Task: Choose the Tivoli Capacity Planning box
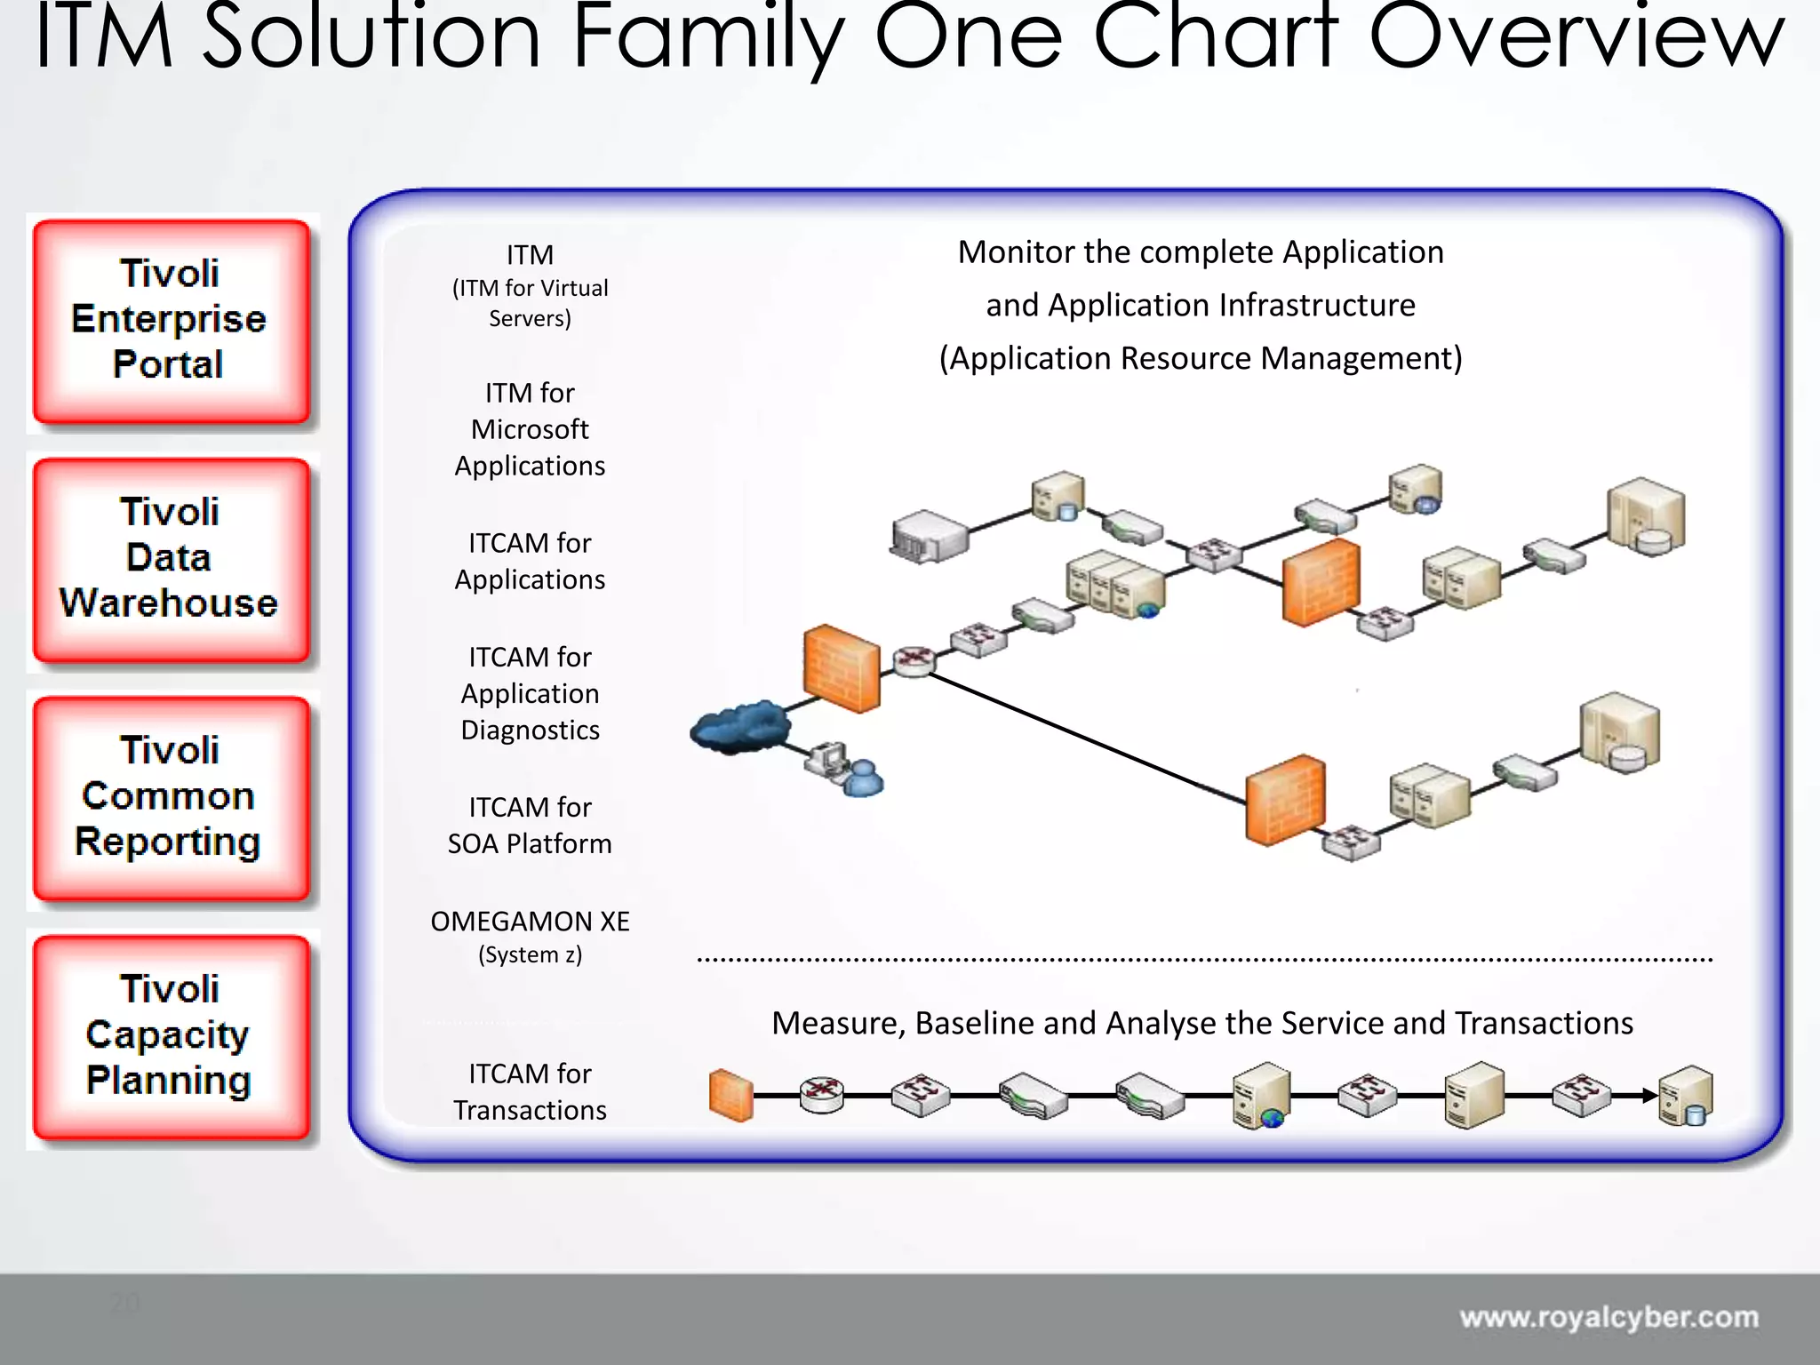pyautogui.click(x=171, y=1036)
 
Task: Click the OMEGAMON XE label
pyautogui.click(x=530, y=922)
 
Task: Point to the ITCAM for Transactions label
pyautogui.click(x=530, y=1092)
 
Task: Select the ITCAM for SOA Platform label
pyautogui.click(x=530, y=826)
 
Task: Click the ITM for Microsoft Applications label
pyautogui.click(x=530, y=429)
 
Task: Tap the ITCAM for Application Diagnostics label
pyautogui.click(x=530, y=693)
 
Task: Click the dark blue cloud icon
pyautogui.click(x=739, y=727)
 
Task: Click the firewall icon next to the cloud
pyautogui.click(x=841, y=668)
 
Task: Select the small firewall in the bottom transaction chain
pyautogui.click(x=730, y=1096)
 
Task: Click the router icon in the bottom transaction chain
pyautogui.click(x=821, y=1094)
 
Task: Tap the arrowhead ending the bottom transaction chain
pyautogui.click(x=1649, y=1096)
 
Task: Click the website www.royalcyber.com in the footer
pyautogui.click(x=1608, y=1317)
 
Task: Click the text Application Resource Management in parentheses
pyautogui.click(x=1201, y=358)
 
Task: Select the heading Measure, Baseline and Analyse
pyautogui.click(x=1201, y=1024)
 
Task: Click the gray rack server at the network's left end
pyautogui.click(x=929, y=536)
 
